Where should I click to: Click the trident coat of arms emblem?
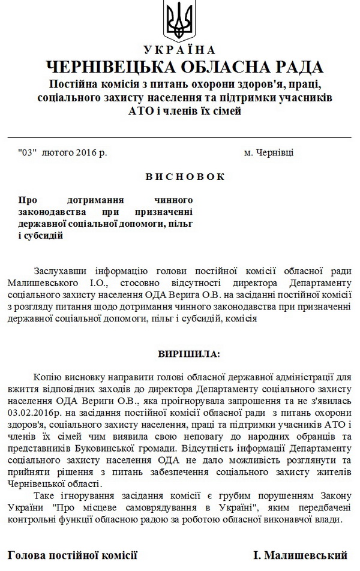tap(180, 20)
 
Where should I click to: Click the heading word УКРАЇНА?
tap(180, 50)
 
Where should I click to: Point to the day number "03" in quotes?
tap(28, 153)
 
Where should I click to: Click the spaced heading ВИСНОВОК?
tap(179, 177)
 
